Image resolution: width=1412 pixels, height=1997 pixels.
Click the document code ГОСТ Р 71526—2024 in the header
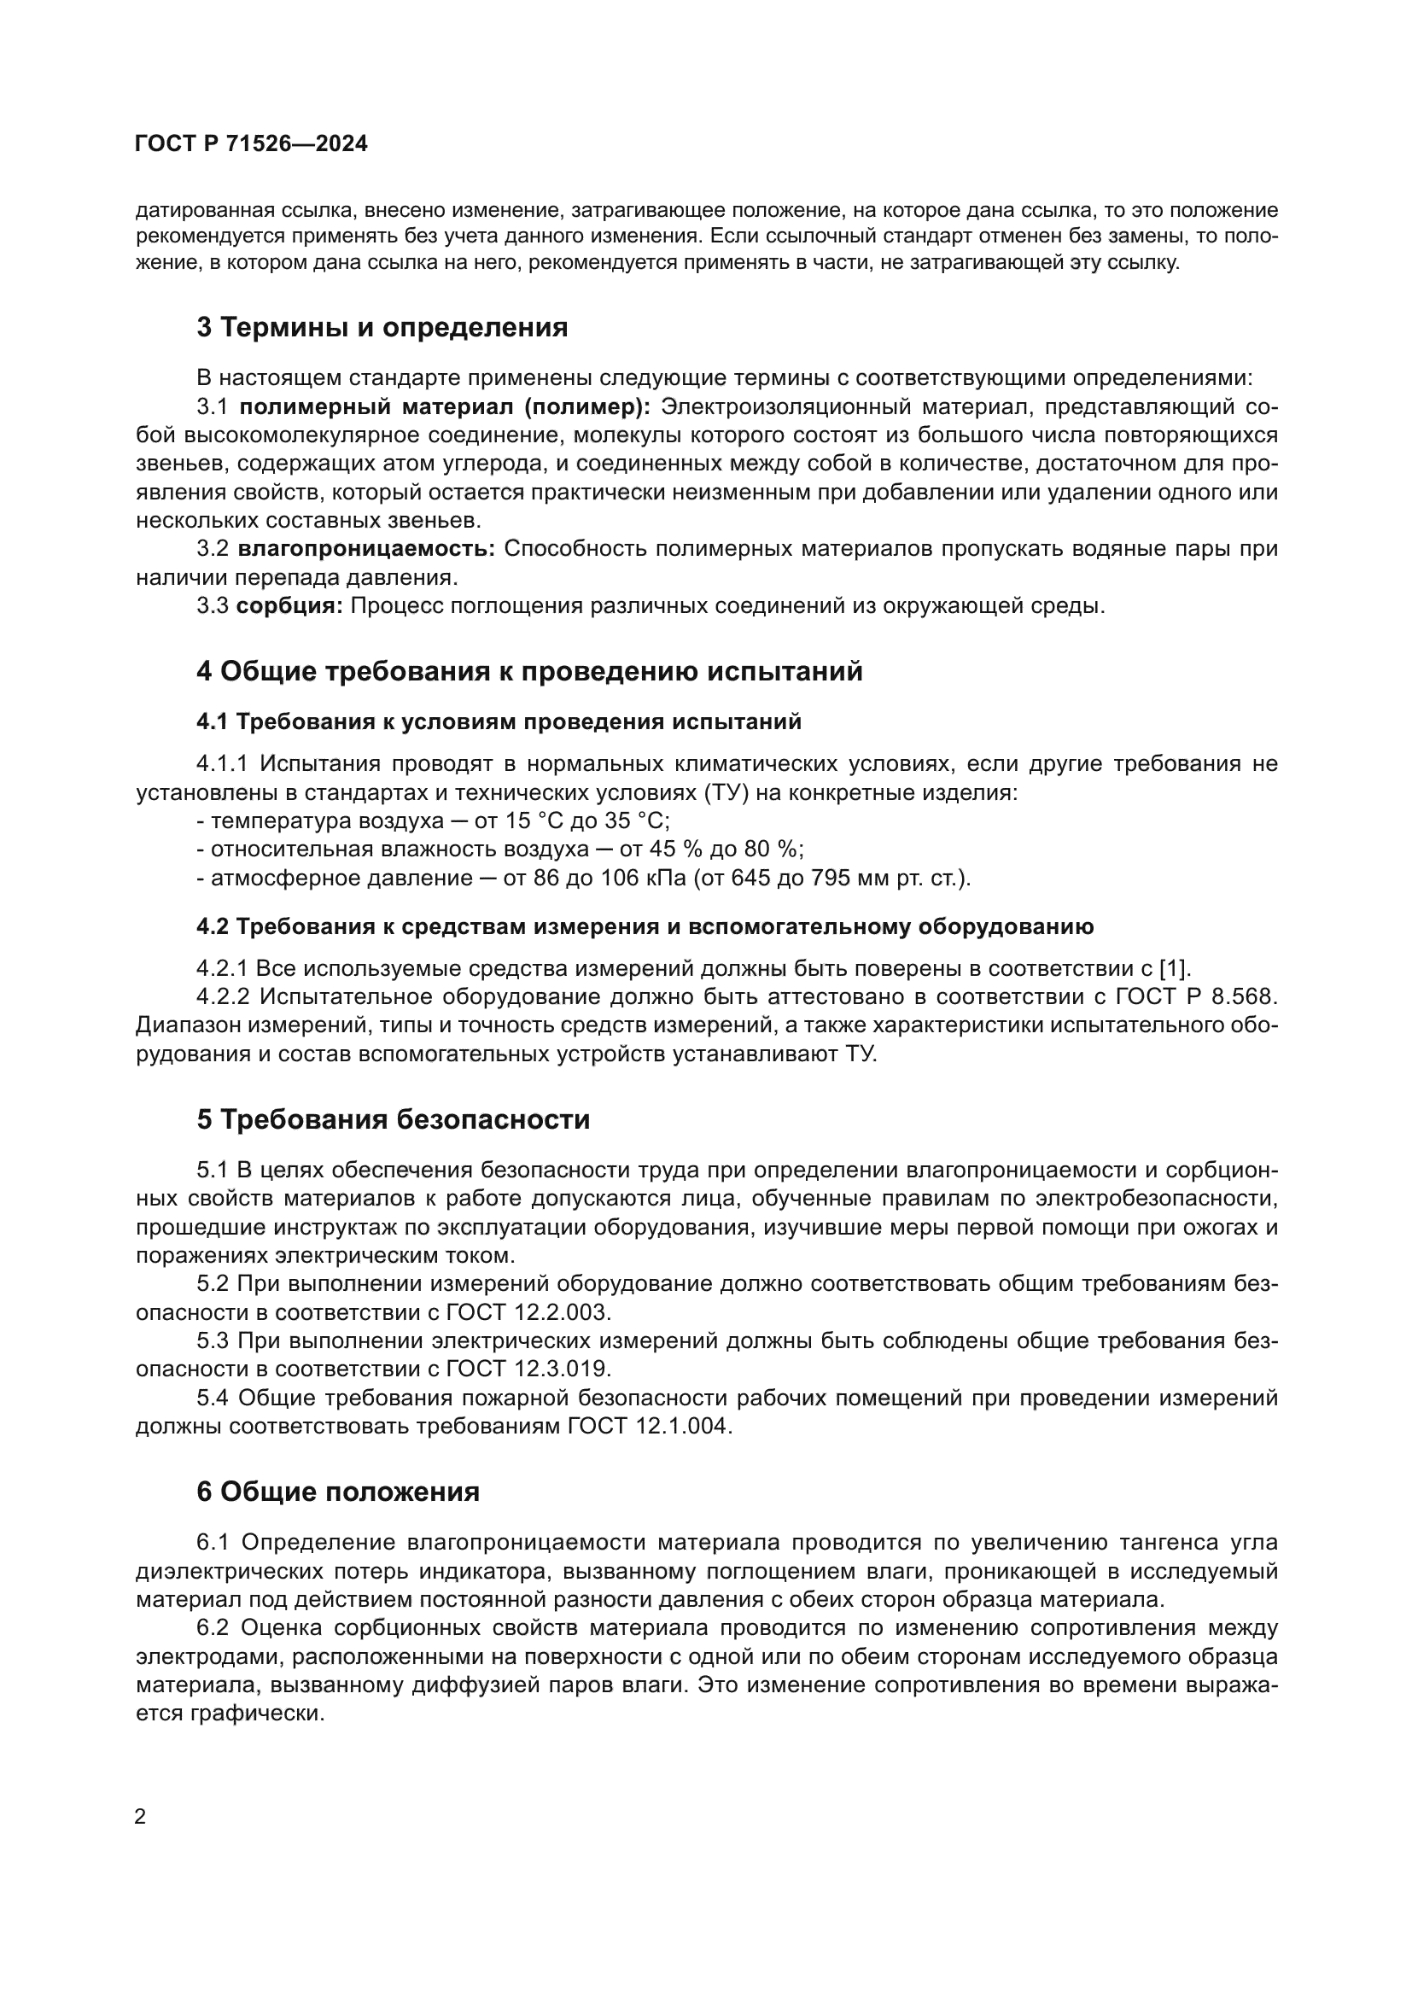251,144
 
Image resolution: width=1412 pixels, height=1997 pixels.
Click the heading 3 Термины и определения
382,328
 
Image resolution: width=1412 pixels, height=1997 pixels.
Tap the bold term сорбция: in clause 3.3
289,606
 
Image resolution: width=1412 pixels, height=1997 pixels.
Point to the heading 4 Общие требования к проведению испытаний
528,671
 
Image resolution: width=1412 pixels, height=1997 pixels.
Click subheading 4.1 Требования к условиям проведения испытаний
499,722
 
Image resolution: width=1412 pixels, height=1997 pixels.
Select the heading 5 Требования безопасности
393,1119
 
